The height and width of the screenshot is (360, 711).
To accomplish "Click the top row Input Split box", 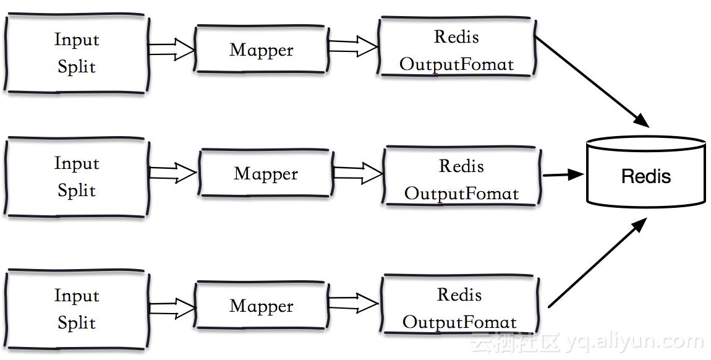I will (77, 54).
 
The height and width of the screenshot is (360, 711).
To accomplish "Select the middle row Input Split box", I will (77, 177).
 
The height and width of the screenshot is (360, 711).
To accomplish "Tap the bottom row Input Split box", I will (77, 309).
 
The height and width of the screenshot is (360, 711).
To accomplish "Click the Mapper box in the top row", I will (261, 49).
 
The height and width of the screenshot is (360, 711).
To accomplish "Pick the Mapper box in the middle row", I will (265, 173).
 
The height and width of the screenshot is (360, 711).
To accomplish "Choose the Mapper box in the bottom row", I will (261, 306).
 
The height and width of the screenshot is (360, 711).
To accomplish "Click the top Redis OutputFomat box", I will (457, 50).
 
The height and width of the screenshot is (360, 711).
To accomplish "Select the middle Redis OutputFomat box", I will (461, 179).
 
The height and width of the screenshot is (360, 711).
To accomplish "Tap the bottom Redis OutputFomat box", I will (459, 308).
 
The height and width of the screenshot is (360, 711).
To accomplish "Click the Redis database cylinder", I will (645, 173).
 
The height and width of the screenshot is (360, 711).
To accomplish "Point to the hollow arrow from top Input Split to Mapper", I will (172, 49).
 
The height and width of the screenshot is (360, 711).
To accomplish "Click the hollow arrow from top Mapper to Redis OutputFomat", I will (353, 46).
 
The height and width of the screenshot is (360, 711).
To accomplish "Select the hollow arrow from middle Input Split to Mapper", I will (173, 173).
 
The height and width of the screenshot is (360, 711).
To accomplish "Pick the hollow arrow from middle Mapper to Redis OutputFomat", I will (357, 173).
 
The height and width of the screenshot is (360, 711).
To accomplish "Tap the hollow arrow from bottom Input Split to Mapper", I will (172, 308).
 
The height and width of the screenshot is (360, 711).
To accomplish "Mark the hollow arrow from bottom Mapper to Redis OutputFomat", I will (353, 303).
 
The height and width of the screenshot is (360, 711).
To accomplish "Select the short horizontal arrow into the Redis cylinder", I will (563, 175).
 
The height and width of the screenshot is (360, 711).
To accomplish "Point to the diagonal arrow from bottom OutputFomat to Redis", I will (597, 263).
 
